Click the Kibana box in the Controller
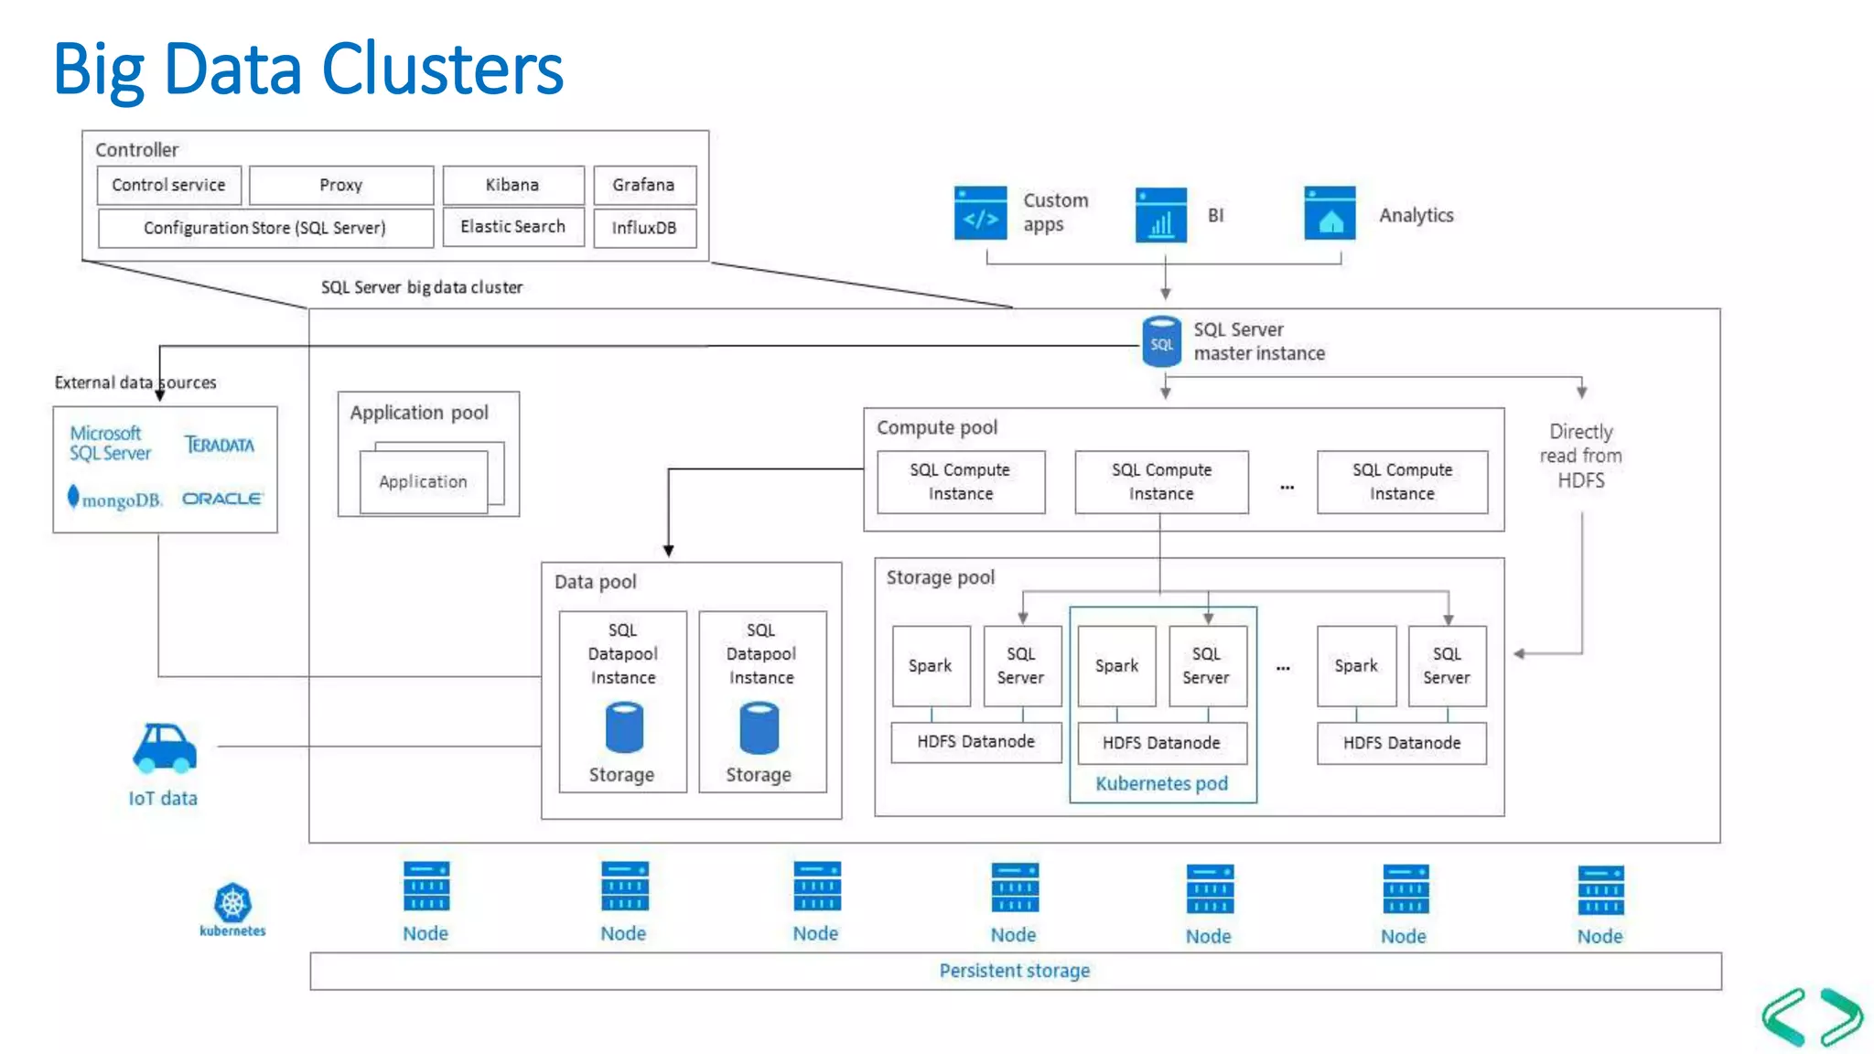click(512, 185)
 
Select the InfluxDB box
click(644, 228)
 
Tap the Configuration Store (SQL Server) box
click(264, 228)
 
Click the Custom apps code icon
click(980, 213)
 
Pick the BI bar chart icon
click(1160, 216)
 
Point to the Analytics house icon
click(1330, 214)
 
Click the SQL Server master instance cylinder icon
click(1161, 342)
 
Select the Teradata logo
click(220, 445)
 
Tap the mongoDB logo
click(115, 499)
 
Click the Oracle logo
click(222, 499)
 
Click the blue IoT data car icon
click(165, 747)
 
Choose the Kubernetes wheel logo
click(232, 903)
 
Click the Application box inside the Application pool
click(423, 481)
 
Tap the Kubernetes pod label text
click(1161, 783)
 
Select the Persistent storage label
click(1014, 971)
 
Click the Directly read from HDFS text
click(1580, 456)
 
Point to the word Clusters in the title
click(443, 70)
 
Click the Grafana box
click(644, 185)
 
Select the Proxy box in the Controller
click(340, 185)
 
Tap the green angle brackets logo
click(1812, 1016)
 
